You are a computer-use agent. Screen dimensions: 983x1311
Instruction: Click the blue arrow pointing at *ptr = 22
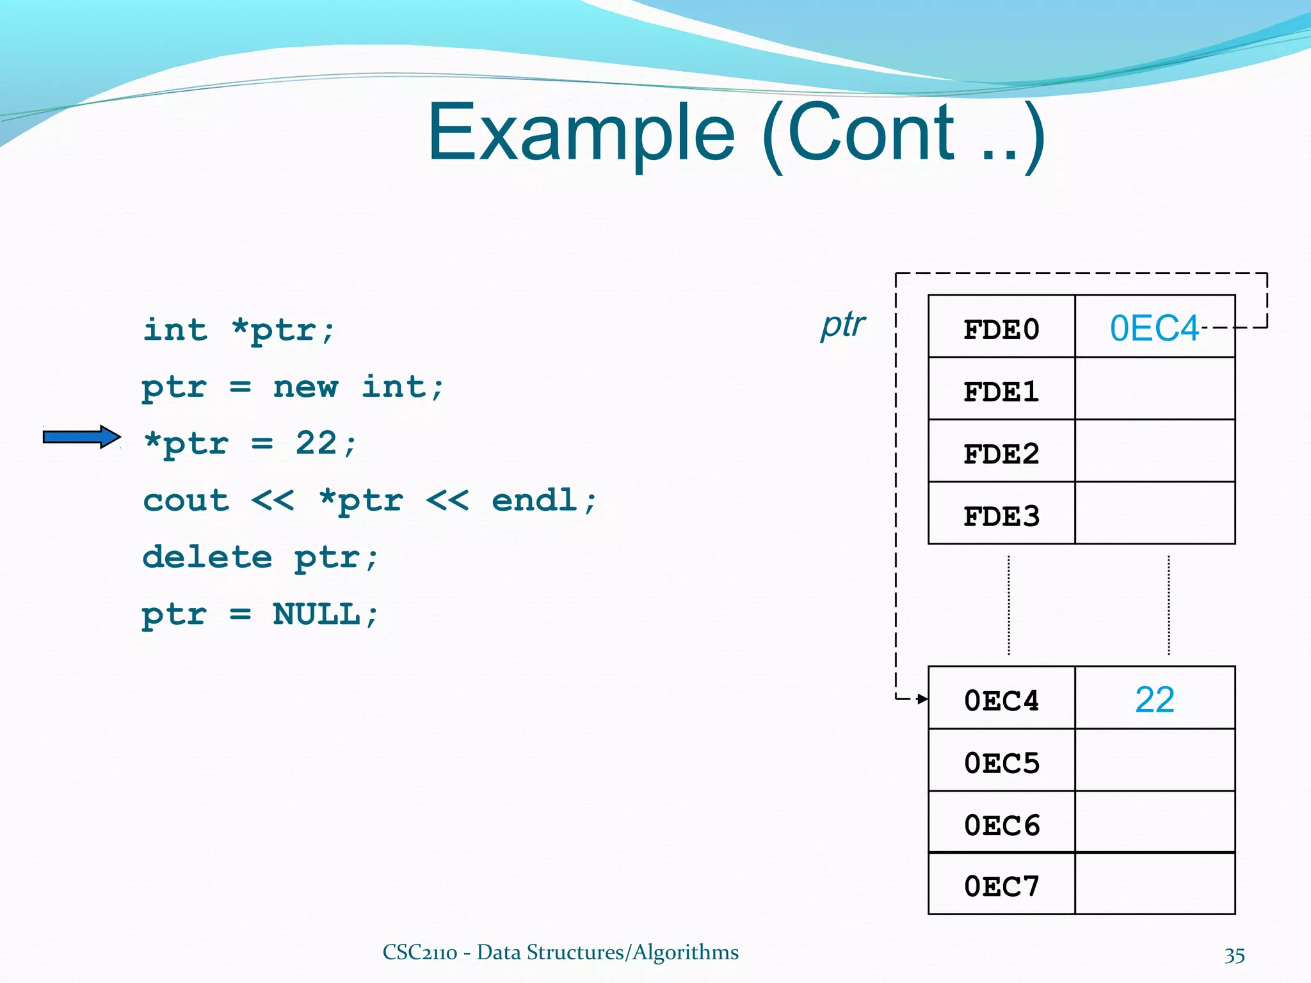click(81, 437)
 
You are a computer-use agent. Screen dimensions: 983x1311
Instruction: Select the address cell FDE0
click(1001, 329)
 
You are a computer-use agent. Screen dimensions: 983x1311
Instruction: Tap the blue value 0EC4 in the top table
click(1154, 328)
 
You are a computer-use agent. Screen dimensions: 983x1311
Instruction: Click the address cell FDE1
click(1001, 391)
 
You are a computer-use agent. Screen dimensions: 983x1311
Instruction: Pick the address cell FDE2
click(1001, 453)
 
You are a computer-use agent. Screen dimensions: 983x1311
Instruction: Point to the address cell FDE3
click(1001, 515)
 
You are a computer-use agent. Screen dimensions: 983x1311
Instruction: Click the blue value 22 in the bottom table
click(1154, 699)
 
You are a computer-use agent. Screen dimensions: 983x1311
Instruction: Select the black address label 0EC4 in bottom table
click(1001, 700)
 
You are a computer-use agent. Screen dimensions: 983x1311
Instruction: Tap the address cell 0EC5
click(1001, 762)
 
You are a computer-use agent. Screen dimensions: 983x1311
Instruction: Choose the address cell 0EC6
click(1001, 824)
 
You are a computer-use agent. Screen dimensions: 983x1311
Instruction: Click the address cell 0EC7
click(1001, 886)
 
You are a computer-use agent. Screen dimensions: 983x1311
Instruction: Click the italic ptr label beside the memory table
click(843, 324)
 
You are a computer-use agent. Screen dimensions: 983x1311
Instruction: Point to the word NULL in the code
click(316, 614)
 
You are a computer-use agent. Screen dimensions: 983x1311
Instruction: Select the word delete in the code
click(207, 557)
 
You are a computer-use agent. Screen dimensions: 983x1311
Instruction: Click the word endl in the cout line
click(535, 500)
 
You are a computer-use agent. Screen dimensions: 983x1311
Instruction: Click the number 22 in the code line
click(316, 443)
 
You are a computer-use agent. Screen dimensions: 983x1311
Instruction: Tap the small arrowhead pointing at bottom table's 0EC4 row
click(922, 699)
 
